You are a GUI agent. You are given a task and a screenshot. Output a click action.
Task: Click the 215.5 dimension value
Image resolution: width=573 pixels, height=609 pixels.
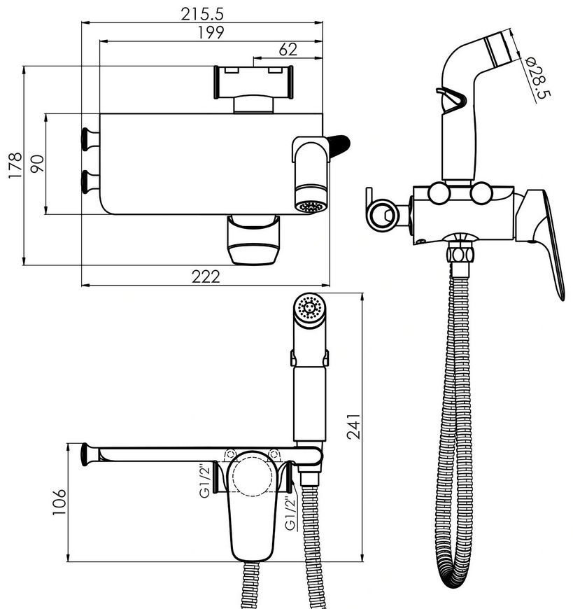(x=202, y=15)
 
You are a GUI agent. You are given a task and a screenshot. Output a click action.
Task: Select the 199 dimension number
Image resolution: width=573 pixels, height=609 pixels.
(x=211, y=33)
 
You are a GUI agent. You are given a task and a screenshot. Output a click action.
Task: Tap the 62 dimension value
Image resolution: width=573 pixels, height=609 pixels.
(x=288, y=50)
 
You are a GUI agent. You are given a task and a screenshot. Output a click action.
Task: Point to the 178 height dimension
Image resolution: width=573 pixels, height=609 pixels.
(x=15, y=165)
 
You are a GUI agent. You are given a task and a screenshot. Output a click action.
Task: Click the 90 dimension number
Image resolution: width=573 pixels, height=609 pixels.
(x=38, y=164)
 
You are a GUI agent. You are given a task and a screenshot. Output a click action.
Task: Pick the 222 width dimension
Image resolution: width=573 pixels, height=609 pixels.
(x=206, y=276)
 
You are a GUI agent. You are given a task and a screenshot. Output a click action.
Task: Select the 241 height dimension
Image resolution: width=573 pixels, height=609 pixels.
(x=353, y=426)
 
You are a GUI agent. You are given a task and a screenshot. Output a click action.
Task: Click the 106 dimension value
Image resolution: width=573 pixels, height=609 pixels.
(x=59, y=502)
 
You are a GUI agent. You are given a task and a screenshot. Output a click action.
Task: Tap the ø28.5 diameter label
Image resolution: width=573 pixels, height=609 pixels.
(x=538, y=78)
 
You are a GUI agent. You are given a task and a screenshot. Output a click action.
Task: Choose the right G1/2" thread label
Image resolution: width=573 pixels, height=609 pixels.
(x=290, y=514)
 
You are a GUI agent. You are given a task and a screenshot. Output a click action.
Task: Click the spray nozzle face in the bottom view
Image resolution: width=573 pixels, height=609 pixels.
(x=309, y=307)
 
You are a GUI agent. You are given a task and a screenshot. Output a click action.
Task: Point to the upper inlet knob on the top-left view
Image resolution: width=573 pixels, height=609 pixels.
(x=90, y=139)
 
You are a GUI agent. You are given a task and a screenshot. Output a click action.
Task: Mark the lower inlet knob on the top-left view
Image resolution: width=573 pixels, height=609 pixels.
(x=90, y=182)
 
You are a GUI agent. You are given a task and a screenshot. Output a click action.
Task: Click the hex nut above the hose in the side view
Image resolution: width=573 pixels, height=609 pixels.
(x=460, y=253)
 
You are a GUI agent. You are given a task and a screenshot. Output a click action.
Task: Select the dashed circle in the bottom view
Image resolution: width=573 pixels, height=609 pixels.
(x=253, y=475)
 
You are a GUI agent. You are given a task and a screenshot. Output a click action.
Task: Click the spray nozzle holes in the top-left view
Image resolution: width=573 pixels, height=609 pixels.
(x=309, y=206)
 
